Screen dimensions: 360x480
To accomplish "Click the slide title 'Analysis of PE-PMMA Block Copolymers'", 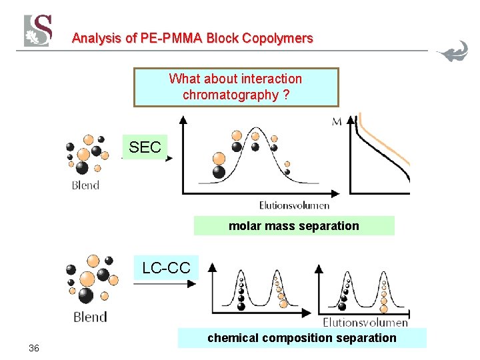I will [x=192, y=38].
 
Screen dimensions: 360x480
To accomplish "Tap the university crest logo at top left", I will [x=38, y=31].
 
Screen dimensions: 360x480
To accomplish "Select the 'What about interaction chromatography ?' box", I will [x=236, y=87].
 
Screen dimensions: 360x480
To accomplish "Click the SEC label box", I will [x=145, y=147].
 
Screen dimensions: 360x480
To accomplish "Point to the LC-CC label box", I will [x=166, y=268].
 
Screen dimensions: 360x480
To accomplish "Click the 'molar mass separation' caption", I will [x=293, y=226].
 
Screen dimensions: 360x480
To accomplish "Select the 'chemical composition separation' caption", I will [x=301, y=338].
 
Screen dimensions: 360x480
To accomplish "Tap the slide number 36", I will [x=34, y=349].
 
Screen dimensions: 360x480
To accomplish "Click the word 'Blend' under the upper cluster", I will [x=85, y=185].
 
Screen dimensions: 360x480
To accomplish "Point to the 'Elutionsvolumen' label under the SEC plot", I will [x=294, y=205].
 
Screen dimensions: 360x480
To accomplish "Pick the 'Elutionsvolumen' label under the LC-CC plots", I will [x=365, y=322].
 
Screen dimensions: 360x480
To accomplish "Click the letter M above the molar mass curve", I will [x=337, y=121].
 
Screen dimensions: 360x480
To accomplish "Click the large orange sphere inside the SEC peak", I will [x=219, y=159].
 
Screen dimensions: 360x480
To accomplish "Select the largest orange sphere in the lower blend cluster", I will [x=87, y=278].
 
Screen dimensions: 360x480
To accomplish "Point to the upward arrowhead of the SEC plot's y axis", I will [x=183, y=119].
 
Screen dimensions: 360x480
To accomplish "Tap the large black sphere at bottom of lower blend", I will [x=85, y=295].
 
